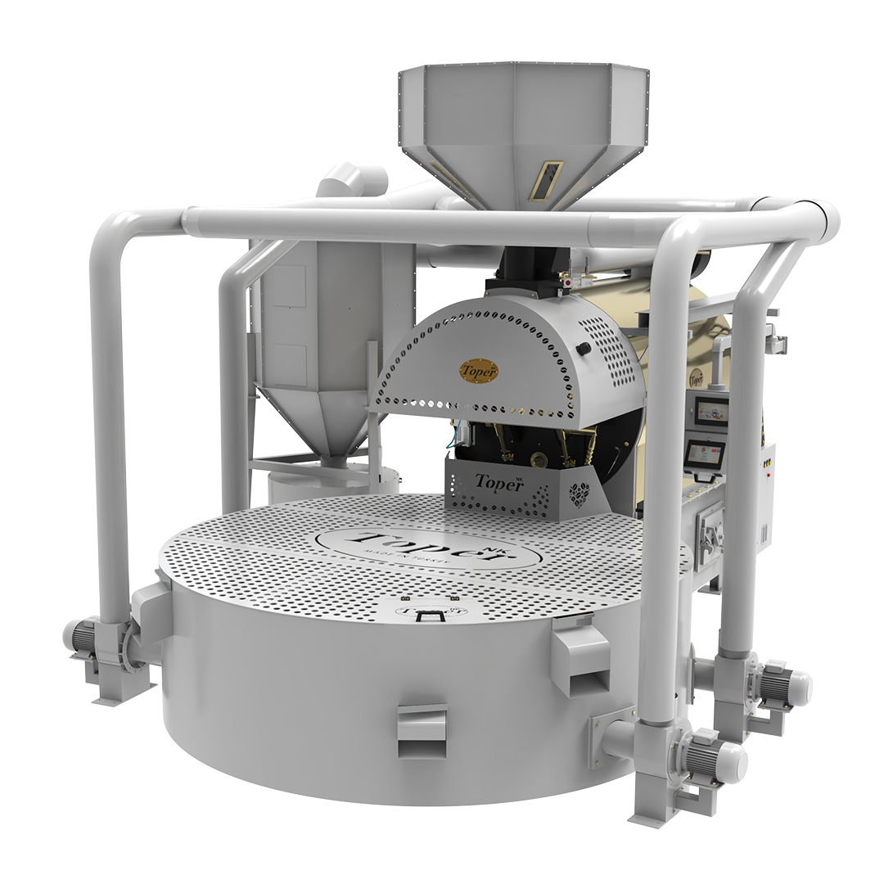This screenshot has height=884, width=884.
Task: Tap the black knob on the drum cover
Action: coord(584,349)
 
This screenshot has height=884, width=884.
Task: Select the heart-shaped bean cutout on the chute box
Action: coord(580,494)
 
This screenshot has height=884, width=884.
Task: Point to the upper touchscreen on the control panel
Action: coord(709,412)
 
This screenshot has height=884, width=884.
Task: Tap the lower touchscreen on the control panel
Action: coord(702,453)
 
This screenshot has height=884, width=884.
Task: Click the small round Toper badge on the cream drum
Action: coord(696,377)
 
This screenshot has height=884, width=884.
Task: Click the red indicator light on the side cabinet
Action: coord(767,462)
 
